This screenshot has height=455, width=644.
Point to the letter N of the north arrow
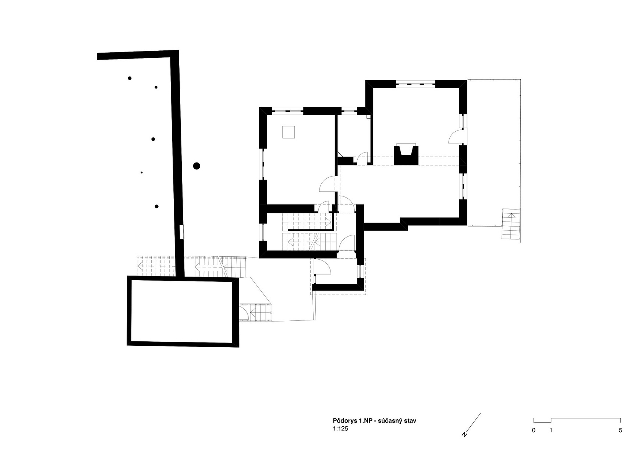coord(465,435)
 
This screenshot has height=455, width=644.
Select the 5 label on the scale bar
coord(620,430)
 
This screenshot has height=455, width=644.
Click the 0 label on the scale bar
coord(534,430)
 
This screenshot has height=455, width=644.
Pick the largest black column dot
coord(197,166)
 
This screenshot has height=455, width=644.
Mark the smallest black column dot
coord(142,173)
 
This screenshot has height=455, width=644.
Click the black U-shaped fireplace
coord(406,155)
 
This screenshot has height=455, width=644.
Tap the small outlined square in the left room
coord(289,132)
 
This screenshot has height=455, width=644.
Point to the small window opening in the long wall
coord(181,232)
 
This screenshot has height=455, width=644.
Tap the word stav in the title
coord(410,421)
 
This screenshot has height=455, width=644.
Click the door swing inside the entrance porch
coord(323,267)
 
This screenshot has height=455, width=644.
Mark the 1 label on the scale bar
coord(551,430)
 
